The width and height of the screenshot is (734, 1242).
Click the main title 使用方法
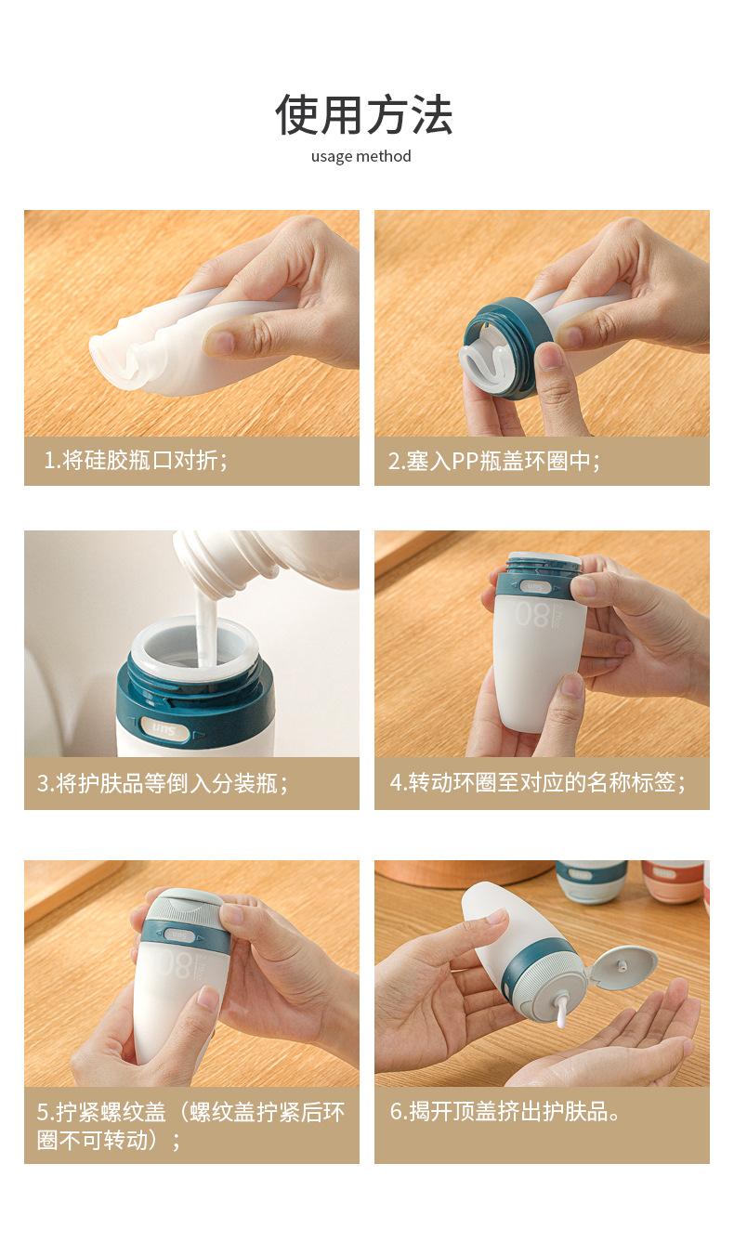coord(364,115)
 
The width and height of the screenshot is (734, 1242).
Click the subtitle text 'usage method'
coord(360,156)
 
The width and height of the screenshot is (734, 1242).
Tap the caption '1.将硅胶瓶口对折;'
coord(136,460)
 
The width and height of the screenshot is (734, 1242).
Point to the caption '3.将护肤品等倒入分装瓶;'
coord(163,783)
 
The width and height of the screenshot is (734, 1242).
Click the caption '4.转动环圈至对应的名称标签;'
coord(537,782)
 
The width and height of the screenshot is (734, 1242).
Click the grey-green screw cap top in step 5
coord(183,905)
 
